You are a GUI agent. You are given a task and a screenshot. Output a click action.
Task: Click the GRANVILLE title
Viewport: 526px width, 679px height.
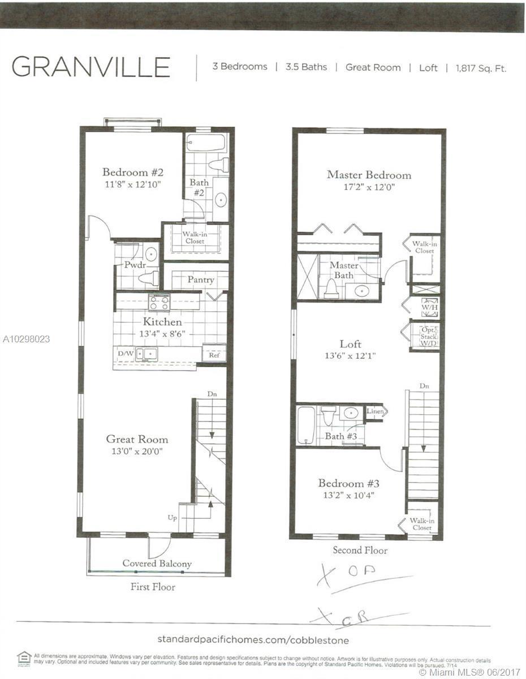91,67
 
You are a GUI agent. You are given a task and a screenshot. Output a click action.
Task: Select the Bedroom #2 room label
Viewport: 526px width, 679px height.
133,172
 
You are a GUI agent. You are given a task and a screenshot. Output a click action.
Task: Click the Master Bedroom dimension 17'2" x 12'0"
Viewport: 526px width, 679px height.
369,186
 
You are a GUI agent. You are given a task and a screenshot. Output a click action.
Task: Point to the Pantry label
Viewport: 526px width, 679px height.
201,280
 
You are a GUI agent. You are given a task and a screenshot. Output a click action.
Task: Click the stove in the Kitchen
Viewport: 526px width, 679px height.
159,302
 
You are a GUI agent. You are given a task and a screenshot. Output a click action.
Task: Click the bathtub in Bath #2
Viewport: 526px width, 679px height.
206,143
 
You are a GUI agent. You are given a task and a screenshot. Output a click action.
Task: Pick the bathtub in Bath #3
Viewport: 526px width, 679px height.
306,425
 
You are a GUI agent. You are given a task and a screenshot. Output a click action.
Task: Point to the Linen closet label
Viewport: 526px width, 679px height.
374,411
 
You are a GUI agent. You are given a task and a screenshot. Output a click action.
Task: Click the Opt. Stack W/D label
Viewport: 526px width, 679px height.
428,336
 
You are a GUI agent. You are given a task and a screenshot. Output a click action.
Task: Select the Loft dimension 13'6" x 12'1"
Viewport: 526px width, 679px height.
351,356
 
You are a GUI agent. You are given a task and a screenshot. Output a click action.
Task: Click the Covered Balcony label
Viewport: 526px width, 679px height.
157,564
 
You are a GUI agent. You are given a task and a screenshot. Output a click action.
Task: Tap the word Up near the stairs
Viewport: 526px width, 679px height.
172,518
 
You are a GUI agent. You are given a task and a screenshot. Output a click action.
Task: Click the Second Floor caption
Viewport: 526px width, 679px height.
360,550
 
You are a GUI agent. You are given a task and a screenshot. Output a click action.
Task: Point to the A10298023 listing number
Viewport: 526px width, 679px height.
26,339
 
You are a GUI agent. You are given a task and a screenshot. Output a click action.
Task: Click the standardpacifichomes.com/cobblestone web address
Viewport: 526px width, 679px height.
253,640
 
